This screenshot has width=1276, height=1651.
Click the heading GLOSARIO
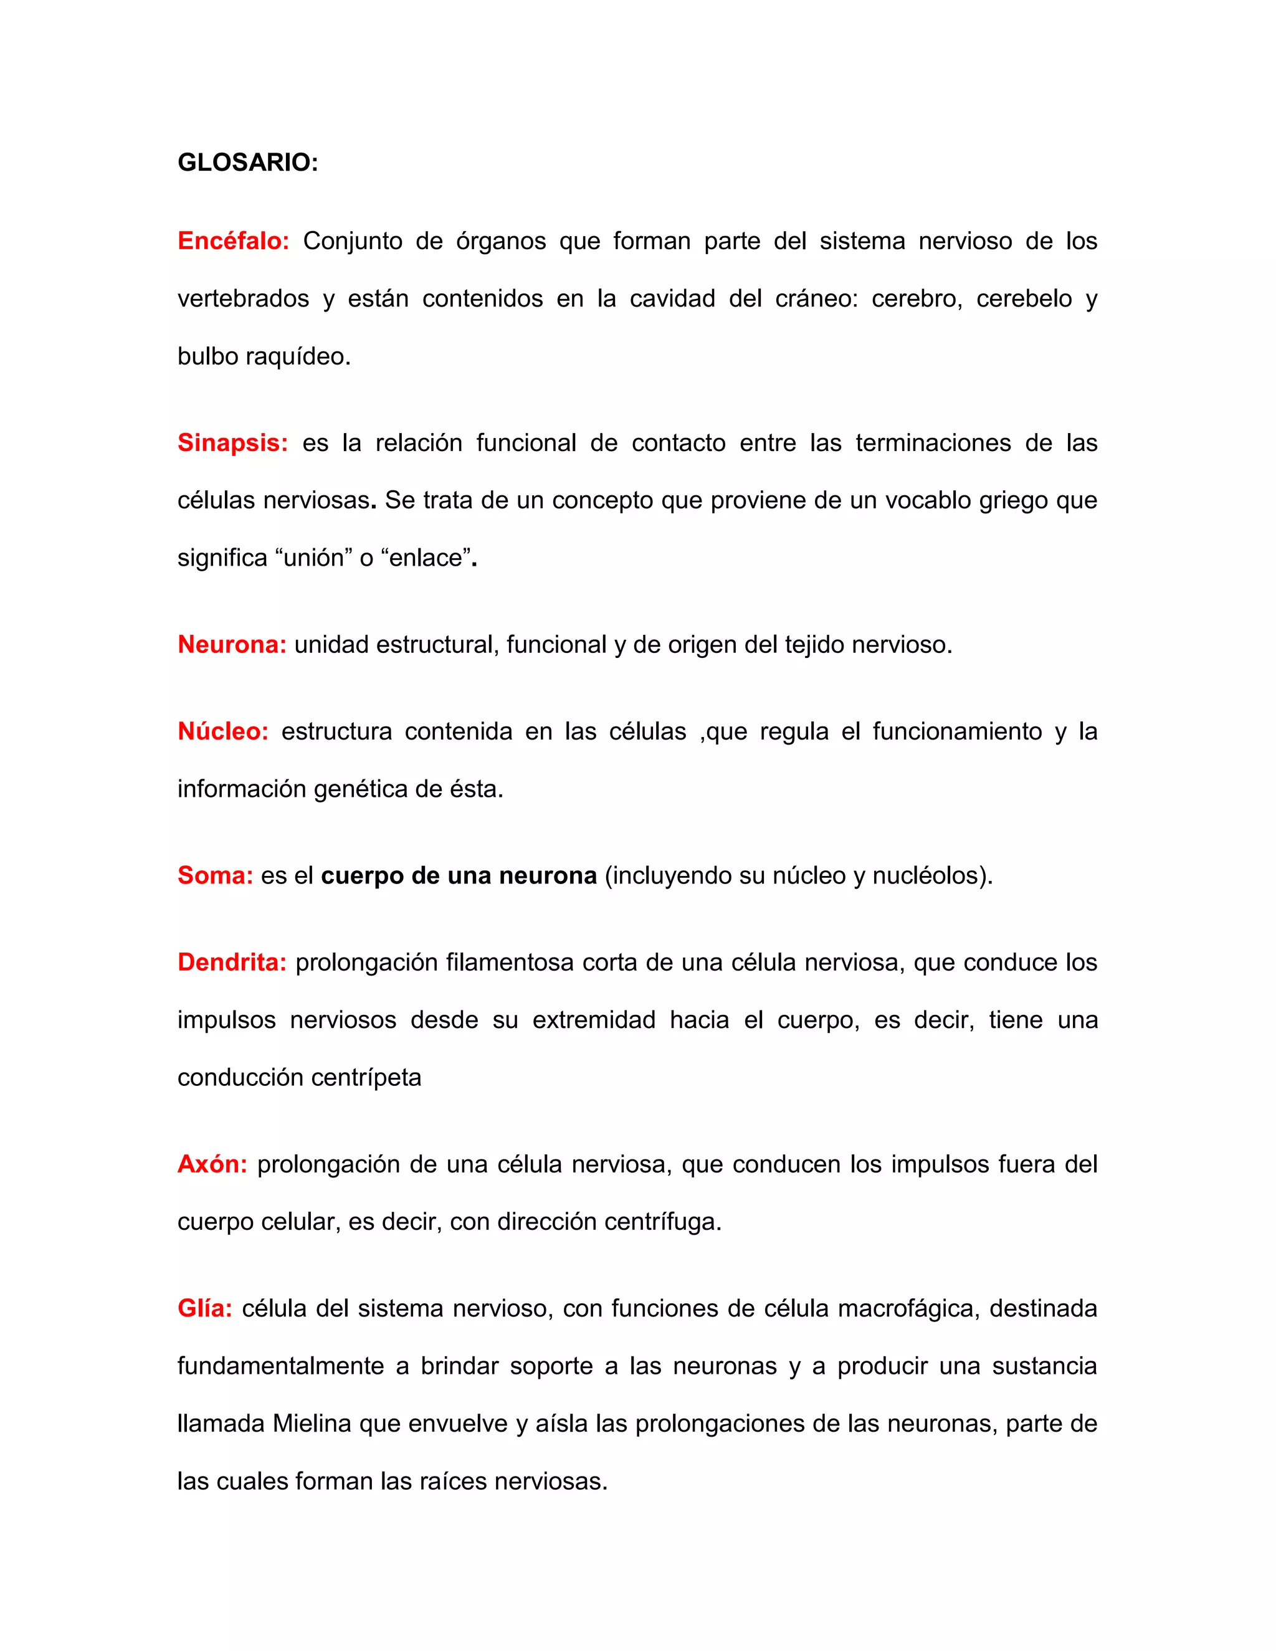coord(247,163)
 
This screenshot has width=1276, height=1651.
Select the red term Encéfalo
coord(233,241)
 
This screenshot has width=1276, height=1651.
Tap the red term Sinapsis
coord(232,443)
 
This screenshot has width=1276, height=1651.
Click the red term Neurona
coord(231,645)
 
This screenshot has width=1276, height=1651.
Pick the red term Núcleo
coord(223,732)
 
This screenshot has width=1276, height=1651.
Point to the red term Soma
coord(215,875)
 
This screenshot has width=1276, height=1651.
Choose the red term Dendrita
coord(231,963)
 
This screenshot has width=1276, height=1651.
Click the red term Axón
coord(212,1164)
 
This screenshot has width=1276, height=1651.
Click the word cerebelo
coord(1024,299)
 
